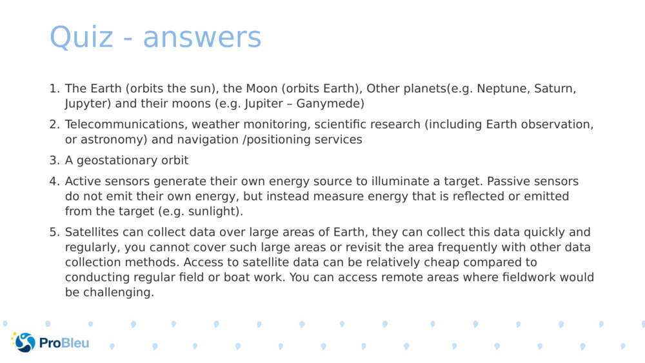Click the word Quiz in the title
pos(81,37)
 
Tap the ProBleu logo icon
pos(23,342)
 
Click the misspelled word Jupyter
pos(88,104)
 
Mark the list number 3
pos(54,161)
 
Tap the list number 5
pos(54,232)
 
